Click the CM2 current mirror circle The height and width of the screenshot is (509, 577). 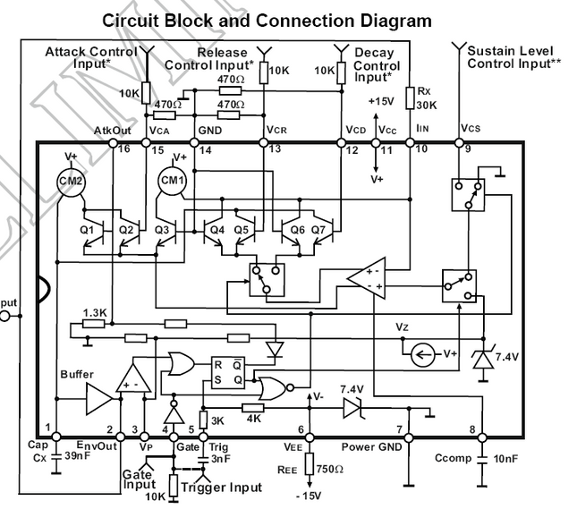[74, 181]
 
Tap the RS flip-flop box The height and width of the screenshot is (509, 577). [226, 372]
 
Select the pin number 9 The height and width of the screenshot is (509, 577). [468, 148]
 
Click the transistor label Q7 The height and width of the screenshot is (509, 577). [321, 229]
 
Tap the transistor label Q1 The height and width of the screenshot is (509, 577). [87, 229]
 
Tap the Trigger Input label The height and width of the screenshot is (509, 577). [222, 488]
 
